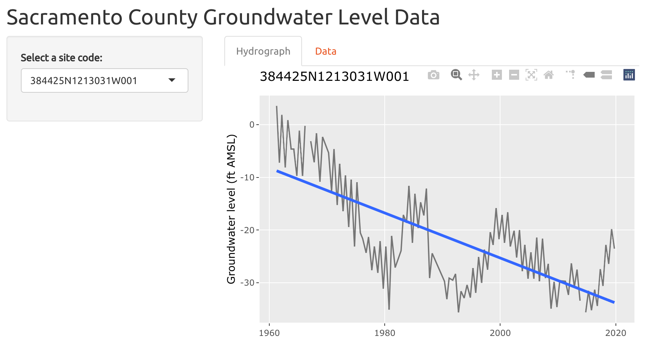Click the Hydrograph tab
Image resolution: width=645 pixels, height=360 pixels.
[263, 51]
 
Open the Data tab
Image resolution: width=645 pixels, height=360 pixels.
[325, 51]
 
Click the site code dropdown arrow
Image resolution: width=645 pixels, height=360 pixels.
[172, 80]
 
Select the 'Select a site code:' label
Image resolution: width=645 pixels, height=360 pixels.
[61, 58]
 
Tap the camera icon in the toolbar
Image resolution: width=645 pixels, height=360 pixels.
[433, 75]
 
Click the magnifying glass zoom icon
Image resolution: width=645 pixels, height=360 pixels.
[456, 75]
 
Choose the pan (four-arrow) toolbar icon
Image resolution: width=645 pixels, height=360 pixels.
[474, 75]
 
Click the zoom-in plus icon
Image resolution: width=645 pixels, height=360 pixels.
[497, 75]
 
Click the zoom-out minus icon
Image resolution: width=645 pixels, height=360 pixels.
[514, 75]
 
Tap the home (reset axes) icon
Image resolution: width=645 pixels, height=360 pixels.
[549, 75]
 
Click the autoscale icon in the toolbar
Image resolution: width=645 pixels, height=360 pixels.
[531, 75]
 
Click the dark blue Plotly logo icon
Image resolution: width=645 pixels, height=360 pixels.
[629, 75]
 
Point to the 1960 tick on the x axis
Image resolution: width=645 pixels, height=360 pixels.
[269, 333]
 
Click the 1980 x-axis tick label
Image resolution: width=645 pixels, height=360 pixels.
[385, 333]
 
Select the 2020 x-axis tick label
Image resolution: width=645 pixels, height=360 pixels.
[616, 333]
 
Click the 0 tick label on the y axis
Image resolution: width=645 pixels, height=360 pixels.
[252, 125]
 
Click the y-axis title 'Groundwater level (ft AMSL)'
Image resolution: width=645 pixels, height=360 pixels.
[231, 209]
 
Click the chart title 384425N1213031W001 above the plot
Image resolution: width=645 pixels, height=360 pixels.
[334, 77]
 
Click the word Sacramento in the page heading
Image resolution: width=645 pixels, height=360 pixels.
[65, 17]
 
